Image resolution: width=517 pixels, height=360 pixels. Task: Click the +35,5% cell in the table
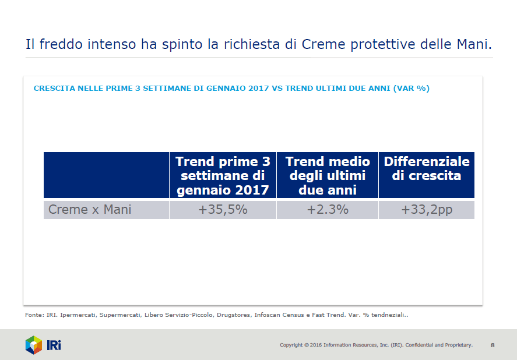click(223, 210)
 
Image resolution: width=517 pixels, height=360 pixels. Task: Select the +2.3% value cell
click(328, 210)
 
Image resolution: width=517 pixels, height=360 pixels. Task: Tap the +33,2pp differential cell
click(427, 210)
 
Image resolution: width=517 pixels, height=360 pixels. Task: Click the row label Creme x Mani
click(90, 210)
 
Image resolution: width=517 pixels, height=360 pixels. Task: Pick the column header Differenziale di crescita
click(427, 168)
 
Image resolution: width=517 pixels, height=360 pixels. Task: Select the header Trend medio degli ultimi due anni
click(328, 176)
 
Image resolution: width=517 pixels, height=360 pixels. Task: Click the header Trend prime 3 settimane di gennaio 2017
click(223, 176)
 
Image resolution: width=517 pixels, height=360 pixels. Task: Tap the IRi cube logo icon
click(34, 345)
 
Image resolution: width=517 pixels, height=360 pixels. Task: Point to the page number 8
click(493, 345)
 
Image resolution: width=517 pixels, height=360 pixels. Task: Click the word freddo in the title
click(61, 44)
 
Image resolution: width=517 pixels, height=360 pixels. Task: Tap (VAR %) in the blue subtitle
click(411, 89)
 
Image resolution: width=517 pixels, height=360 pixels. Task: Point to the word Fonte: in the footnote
click(34, 315)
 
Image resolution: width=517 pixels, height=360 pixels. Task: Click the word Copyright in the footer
click(291, 345)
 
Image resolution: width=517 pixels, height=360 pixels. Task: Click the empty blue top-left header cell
click(106, 175)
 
